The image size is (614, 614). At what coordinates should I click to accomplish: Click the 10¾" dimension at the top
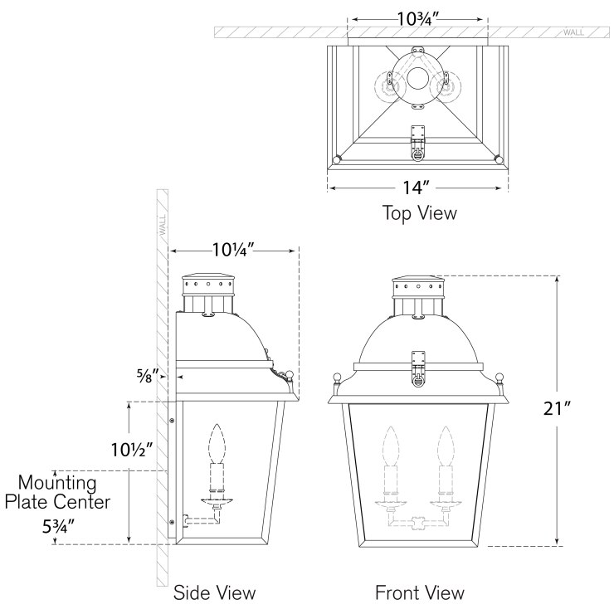click(417, 17)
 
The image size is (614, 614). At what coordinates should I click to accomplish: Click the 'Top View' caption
click(419, 213)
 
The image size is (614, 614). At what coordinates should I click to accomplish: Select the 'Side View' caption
click(214, 592)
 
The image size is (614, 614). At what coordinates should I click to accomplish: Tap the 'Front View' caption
click(419, 592)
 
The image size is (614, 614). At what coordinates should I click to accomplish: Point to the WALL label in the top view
click(573, 32)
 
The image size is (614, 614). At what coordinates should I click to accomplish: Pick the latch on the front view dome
click(420, 369)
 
